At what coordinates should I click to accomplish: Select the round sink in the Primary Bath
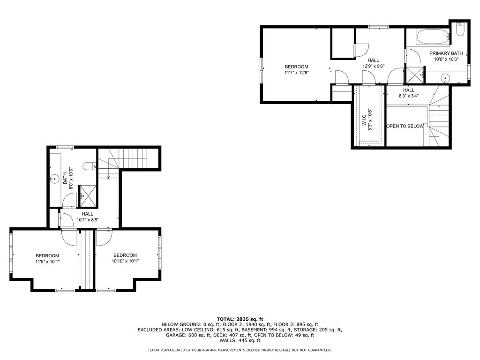445,77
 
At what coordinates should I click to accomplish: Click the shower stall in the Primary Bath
414,75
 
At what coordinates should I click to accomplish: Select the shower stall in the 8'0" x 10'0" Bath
89,195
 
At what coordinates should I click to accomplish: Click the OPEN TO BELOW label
405,126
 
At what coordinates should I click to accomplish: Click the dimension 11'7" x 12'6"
296,73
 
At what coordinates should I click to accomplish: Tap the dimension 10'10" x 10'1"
125,261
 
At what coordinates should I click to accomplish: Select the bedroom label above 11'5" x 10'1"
47,255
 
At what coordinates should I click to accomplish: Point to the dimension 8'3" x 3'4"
408,96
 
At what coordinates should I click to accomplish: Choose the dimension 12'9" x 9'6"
373,66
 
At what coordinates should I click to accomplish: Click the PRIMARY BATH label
446,53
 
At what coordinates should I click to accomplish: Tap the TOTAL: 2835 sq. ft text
240,319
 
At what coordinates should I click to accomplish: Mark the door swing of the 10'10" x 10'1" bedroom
103,238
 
